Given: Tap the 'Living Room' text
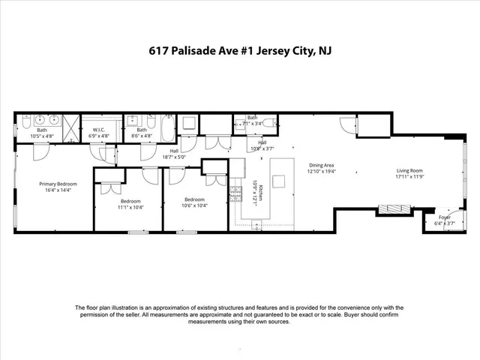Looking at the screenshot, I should pyautogui.click(x=409, y=171).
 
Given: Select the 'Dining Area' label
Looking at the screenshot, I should pyautogui.click(x=321, y=164).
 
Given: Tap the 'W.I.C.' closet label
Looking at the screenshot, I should pyautogui.click(x=100, y=130).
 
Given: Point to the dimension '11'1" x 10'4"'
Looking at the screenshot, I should pyautogui.click(x=130, y=207).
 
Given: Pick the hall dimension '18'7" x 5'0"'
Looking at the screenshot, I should pyautogui.click(x=174, y=157).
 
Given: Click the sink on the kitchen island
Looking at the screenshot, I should pyautogui.click(x=279, y=180).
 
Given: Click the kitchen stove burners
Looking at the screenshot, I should pyautogui.click(x=235, y=193).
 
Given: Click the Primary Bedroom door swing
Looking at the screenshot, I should pyautogui.click(x=43, y=149).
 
